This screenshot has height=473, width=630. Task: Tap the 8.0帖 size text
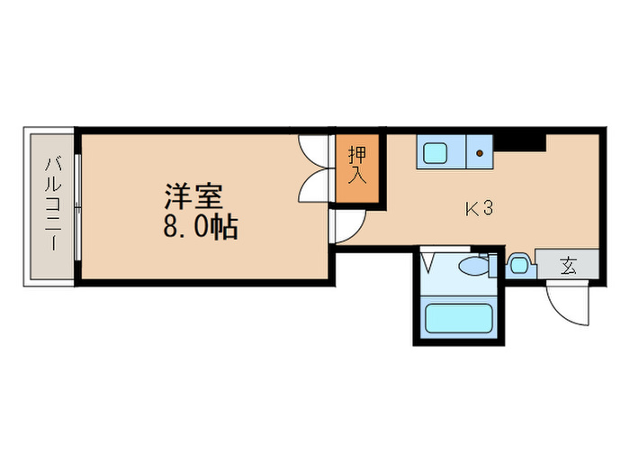200,227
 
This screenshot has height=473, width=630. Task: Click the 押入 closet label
357,164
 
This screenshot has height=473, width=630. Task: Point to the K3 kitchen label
478,209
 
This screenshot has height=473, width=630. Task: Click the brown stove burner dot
481,153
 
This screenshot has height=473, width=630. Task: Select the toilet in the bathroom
472,267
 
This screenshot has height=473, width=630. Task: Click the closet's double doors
316,170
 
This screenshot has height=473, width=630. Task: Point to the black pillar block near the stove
522,141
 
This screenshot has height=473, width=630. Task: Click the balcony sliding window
78,207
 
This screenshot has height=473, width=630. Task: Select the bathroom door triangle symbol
428,263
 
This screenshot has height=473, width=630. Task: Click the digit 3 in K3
487,209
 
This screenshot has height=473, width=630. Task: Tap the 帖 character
225,227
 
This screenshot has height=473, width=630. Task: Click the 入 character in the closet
357,174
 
